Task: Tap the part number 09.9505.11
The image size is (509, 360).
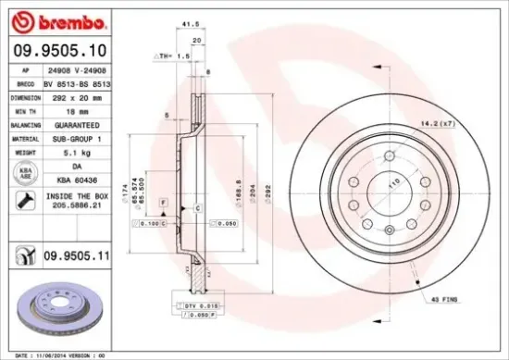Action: tap(79, 252)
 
